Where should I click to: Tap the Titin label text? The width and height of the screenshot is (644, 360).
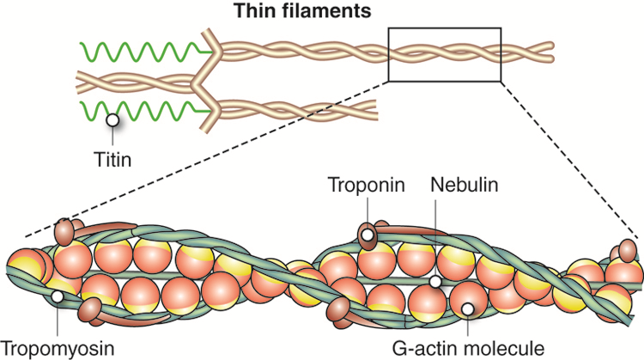pyautogui.click(x=113, y=159)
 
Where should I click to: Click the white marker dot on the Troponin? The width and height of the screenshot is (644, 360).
pyautogui.click(x=367, y=234)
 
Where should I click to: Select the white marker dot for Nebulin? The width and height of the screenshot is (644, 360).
pyautogui.click(x=435, y=281)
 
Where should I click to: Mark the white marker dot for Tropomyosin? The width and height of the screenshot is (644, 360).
pyautogui.click(x=57, y=296)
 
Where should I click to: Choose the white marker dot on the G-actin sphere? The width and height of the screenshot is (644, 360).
pyautogui.click(x=467, y=308)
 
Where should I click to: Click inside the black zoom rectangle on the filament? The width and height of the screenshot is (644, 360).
pyautogui.click(x=444, y=54)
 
